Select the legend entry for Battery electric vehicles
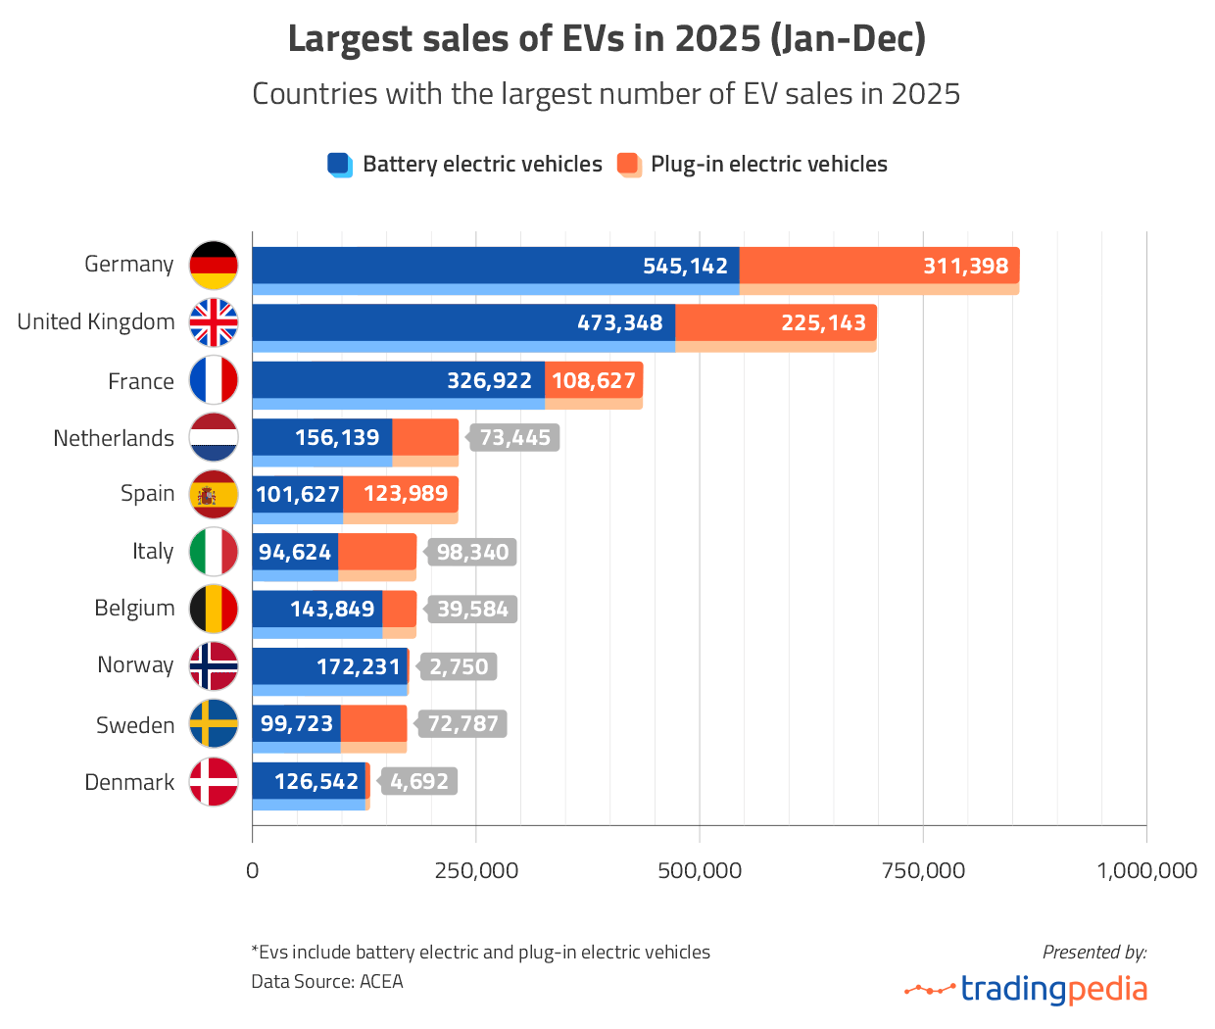[465, 165]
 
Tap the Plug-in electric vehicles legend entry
[753, 165]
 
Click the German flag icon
[214, 266]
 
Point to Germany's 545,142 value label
[685, 267]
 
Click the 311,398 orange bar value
[965, 267]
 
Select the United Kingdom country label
[96, 322]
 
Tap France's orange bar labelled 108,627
[594, 380]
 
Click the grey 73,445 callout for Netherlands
[514, 438]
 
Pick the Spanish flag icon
[214, 495]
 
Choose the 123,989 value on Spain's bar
[405, 494]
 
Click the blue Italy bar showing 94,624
[295, 553]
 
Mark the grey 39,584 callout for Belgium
[472, 610]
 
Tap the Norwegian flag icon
[214, 666]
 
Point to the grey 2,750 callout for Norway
[459, 667]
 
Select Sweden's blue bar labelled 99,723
[297, 724]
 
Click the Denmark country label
[129, 782]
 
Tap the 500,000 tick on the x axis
[700, 870]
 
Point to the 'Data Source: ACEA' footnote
[327, 982]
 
